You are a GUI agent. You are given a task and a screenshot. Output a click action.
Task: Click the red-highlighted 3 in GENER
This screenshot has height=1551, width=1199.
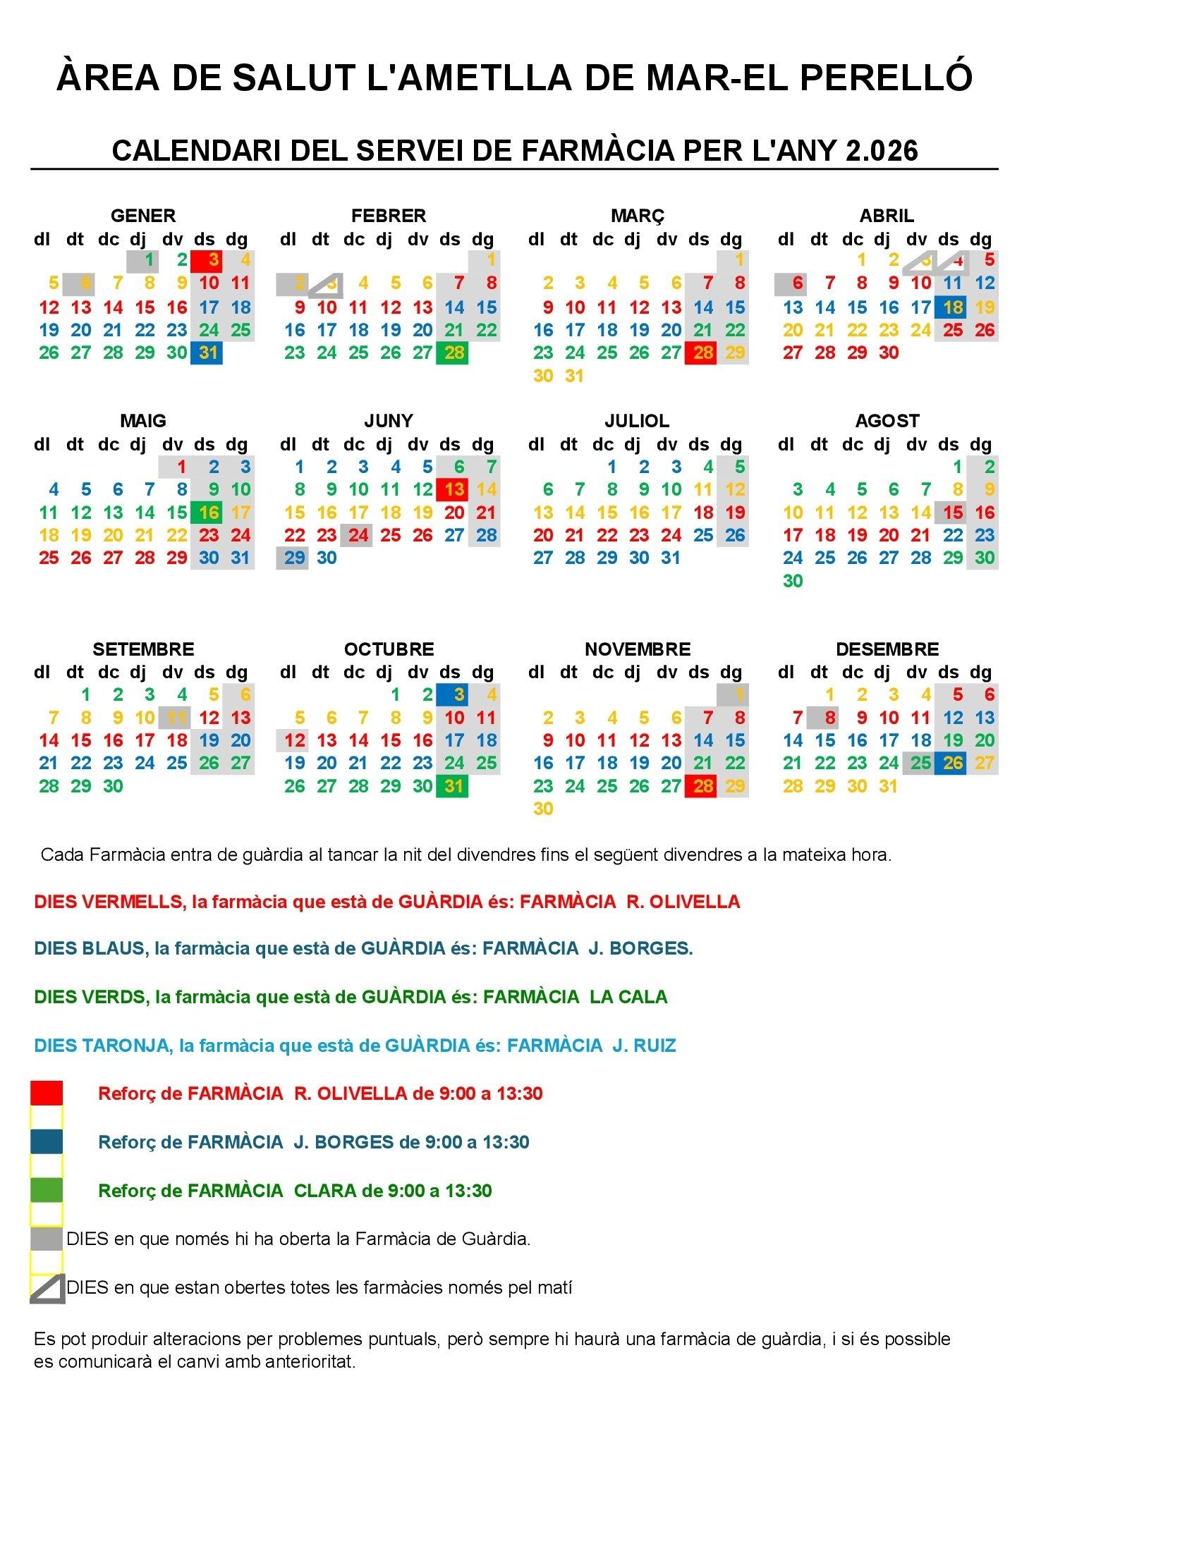coord(207,261)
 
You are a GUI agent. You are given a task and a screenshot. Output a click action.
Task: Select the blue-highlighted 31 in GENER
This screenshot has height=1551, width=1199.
coord(207,352)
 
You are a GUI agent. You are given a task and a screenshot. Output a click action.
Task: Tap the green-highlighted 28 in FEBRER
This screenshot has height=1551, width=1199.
coord(453,352)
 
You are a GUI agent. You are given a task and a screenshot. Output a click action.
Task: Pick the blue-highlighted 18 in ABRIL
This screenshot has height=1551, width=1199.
coord(951,307)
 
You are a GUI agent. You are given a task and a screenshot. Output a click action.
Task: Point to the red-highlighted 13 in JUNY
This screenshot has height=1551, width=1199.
coord(453,489)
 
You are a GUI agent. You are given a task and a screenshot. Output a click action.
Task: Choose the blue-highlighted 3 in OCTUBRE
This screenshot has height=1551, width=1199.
coord(453,694)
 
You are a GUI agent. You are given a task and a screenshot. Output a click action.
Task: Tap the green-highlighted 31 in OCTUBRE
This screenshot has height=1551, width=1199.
coord(453,785)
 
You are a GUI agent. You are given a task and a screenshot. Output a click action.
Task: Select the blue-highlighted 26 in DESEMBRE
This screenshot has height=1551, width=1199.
coord(951,763)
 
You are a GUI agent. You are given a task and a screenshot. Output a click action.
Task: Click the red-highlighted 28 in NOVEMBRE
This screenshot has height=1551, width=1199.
coord(701,785)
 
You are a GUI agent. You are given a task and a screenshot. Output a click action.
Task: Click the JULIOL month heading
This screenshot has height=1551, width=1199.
coord(636,420)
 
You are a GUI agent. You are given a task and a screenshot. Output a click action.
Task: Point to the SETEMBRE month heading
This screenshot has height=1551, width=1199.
coord(142,649)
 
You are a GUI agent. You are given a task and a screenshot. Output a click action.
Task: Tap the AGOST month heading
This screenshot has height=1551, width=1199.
coord(887,420)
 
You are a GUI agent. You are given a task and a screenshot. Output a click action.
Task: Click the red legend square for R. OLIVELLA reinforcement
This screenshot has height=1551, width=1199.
coord(47,1093)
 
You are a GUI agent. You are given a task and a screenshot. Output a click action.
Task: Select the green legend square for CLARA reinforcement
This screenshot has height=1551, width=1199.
coord(47,1190)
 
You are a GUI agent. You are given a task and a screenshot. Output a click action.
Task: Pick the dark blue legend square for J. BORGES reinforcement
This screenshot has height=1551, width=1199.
coord(47,1142)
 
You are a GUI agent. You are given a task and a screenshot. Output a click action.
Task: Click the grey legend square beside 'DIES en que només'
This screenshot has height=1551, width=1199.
coord(47,1239)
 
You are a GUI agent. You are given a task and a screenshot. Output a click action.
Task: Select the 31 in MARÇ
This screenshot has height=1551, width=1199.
coord(574,376)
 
